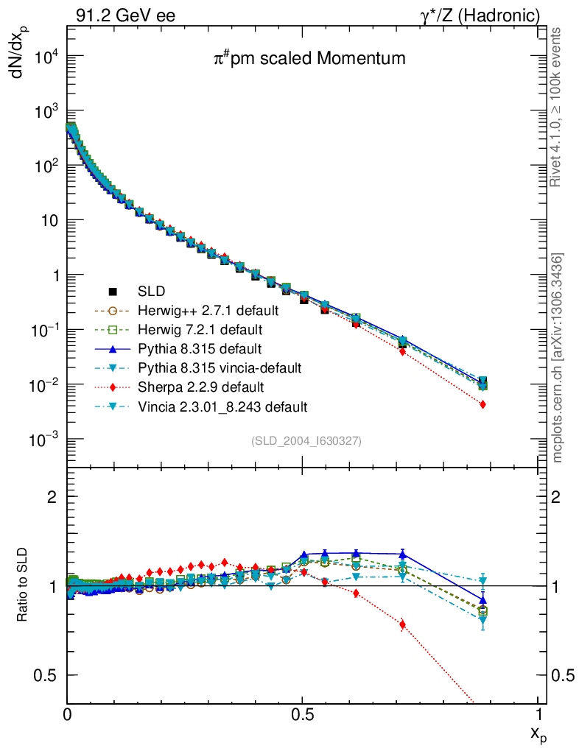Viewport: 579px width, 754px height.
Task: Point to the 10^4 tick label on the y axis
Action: pos(46,58)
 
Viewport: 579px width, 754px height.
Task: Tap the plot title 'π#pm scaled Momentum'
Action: pos(309,59)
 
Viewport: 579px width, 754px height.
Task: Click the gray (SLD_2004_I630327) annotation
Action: pos(306,440)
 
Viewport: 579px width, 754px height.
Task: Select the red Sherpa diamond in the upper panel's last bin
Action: pos(482,404)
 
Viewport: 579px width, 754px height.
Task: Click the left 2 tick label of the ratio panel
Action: pos(52,497)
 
